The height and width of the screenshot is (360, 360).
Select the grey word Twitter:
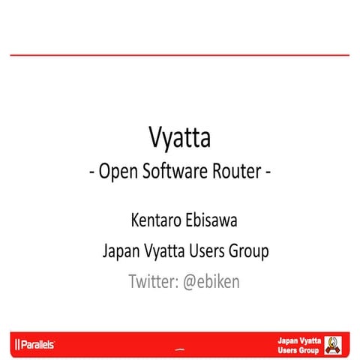coord(153,282)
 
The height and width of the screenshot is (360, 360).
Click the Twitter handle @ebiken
coord(212,282)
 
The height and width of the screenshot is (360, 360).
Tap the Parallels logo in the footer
coord(34,345)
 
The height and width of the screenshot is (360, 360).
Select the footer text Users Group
coord(298,350)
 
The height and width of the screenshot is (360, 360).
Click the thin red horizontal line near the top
coord(180,55)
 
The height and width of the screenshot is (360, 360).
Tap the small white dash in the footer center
coord(179,349)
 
